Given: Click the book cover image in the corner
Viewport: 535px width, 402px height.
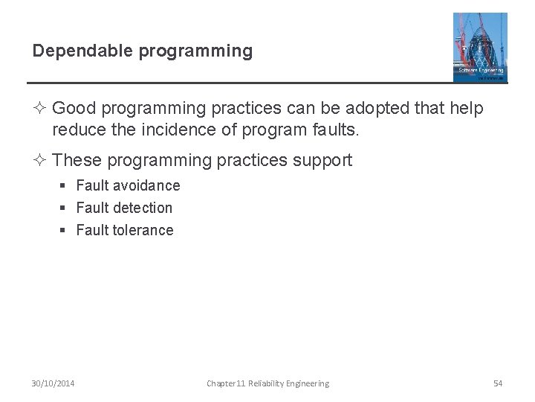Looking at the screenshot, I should [480, 47].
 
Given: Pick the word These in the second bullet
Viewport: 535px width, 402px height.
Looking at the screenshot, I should [79, 161].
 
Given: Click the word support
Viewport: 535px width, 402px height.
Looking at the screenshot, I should [322, 161].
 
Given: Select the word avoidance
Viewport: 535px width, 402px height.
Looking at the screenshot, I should [146, 185].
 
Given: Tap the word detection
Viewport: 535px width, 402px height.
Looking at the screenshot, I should [143, 208].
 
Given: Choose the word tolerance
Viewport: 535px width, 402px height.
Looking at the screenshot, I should [143, 230].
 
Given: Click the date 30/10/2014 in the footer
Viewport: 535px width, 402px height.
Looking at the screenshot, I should [53, 383].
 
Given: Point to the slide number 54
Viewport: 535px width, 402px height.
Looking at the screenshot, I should [498, 383].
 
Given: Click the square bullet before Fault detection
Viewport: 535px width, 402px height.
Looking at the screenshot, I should [64, 208].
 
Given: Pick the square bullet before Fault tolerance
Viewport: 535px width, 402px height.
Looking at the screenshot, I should [64, 231].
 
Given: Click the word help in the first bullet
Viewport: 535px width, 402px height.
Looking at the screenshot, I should [467, 109].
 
